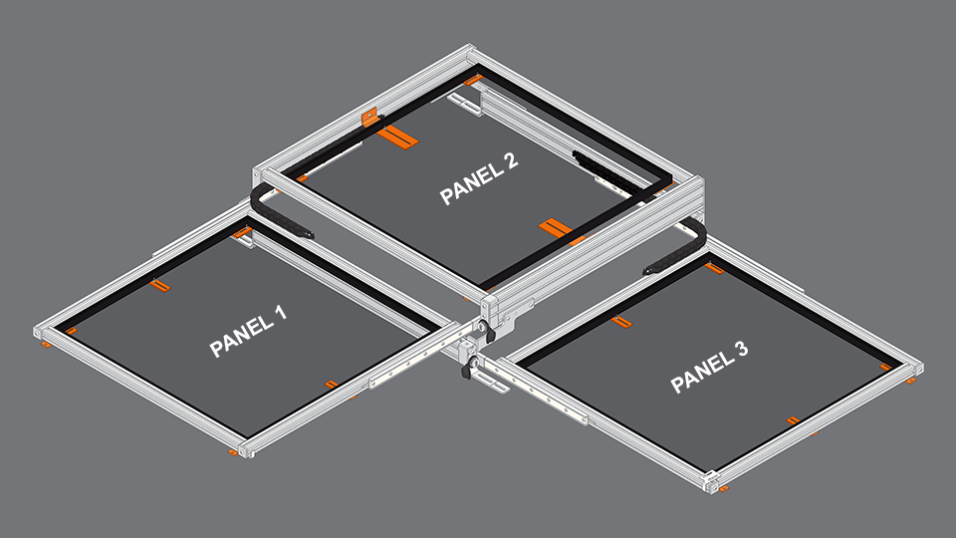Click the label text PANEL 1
pyautogui.click(x=248, y=332)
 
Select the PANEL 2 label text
pyautogui.click(x=479, y=179)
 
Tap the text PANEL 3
pyautogui.click(x=709, y=367)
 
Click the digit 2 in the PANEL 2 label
pyautogui.click(x=510, y=164)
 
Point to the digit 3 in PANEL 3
pyautogui.click(x=741, y=350)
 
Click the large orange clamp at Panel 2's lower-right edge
pyautogui.click(x=555, y=228)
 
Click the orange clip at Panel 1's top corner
pyautogui.click(x=242, y=233)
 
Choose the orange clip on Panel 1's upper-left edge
pyautogui.click(x=160, y=286)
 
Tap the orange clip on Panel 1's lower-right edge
pyautogui.click(x=332, y=384)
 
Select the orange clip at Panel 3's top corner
pyautogui.click(x=714, y=267)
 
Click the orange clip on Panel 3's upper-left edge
pyautogui.click(x=621, y=321)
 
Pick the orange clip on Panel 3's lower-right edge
pyautogui.click(x=794, y=420)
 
